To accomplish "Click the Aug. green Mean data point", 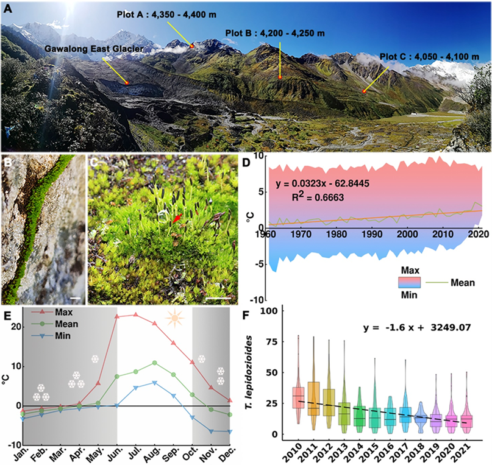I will [x=155, y=363].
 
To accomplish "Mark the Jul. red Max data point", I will [x=135, y=315].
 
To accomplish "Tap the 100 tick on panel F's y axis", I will [x=278, y=311].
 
